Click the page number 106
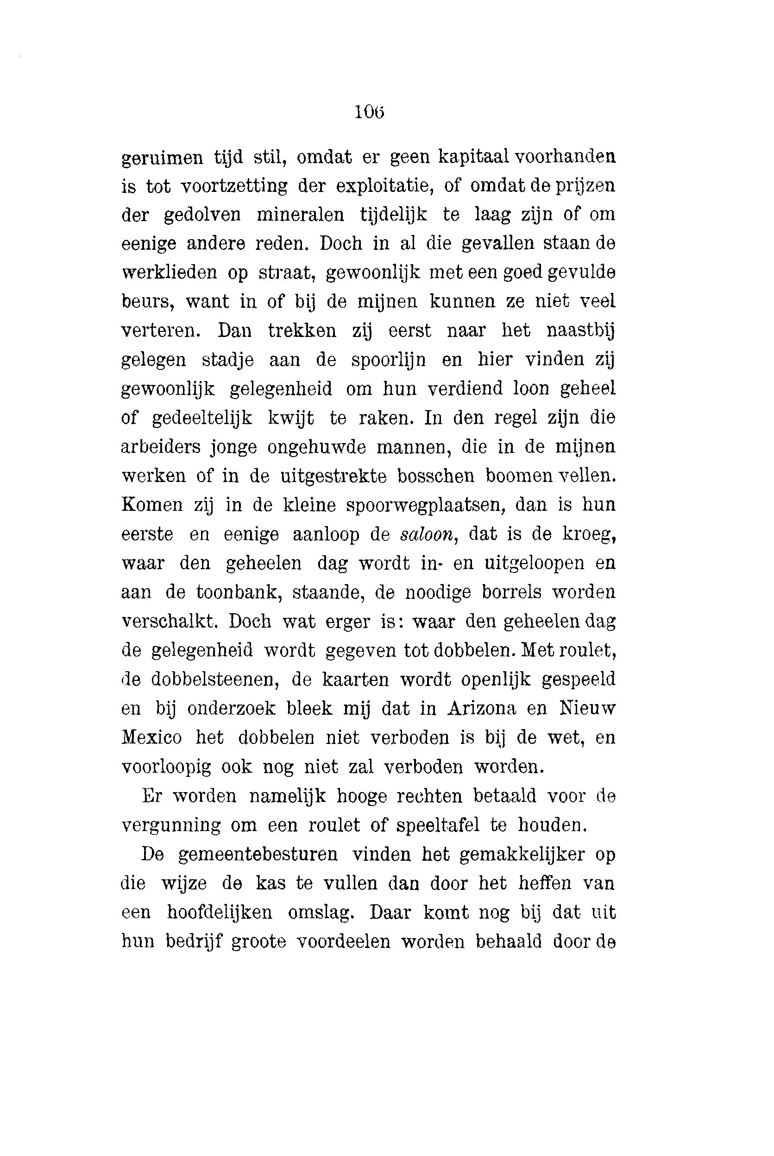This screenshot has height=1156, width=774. click(x=369, y=113)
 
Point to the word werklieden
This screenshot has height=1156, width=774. click(x=170, y=273)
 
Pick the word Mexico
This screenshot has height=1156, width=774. click(x=151, y=738)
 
